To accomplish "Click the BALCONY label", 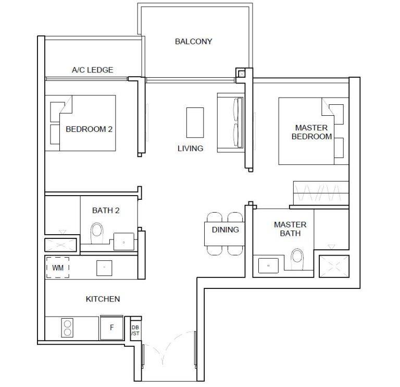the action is [x=193, y=41].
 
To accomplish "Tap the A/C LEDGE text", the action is [x=92, y=70].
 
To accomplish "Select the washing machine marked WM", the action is [x=58, y=268].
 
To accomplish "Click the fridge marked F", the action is [x=112, y=328].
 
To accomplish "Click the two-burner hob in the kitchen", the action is [x=67, y=328].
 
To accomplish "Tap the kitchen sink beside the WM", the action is [x=104, y=268].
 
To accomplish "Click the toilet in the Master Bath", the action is [x=297, y=259].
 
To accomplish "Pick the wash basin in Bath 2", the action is [x=124, y=241].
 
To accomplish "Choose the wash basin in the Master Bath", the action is [x=268, y=265].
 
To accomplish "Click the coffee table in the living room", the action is [x=195, y=123].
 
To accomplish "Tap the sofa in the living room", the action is [x=231, y=123].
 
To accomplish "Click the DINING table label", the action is [x=225, y=229].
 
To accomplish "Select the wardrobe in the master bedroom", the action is [x=321, y=193].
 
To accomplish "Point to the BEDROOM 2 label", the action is [x=89, y=129].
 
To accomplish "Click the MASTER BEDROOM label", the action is [x=311, y=132].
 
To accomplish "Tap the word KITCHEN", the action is [x=103, y=299].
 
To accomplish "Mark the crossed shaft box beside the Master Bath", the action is [x=334, y=266].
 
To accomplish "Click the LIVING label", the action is [x=190, y=149].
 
